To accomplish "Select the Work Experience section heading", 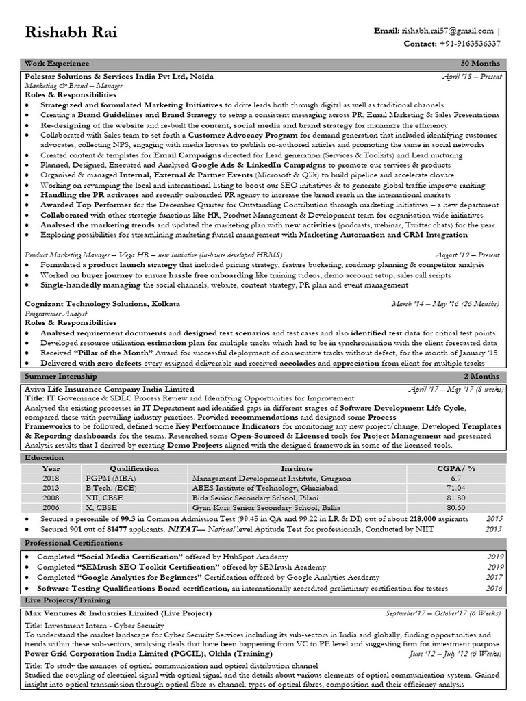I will coord(57,64).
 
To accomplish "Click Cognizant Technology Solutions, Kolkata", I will coord(102,303).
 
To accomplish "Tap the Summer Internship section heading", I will coord(60,377).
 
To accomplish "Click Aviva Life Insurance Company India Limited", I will coord(109,389).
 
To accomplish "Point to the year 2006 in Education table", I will coord(51,507).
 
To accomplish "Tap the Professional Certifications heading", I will coord(69,542).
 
